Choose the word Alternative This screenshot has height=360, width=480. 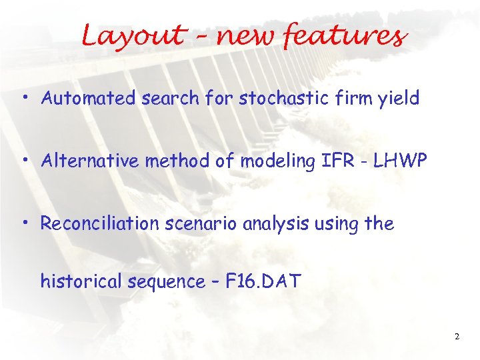tap(87, 161)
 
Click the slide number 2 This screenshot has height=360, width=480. tap(457, 337)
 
